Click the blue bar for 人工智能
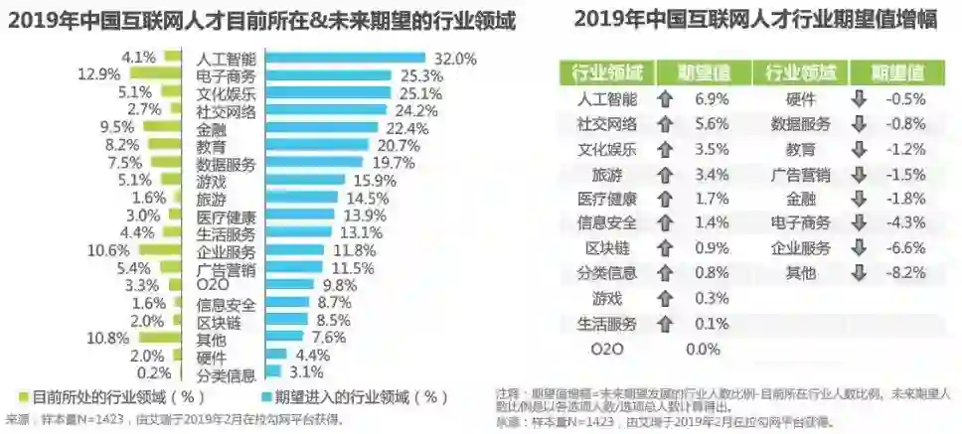coord(343,59)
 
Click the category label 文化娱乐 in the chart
coord(227,94)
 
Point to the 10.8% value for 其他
coord(109,338)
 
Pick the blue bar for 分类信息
coord(273,372)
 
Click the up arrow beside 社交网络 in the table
coord(664,124)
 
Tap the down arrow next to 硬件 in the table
coord(860,99)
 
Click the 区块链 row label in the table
coord(606,247)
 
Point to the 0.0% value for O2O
coord(703,349)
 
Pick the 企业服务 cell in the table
coord(801,247)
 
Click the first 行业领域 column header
coord(608,72)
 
